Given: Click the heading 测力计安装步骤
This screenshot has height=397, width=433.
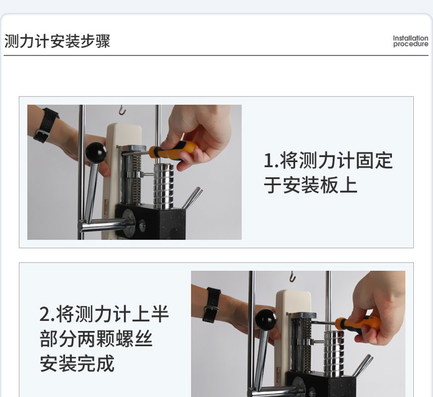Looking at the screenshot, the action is (57, 41).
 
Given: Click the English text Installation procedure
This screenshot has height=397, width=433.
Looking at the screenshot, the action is (411, 41).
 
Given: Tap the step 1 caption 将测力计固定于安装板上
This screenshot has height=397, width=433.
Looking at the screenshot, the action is (328, 172).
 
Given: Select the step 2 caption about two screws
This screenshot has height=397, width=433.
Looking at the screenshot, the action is (104, 338).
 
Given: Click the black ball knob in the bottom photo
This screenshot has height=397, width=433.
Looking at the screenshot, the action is (266, 320).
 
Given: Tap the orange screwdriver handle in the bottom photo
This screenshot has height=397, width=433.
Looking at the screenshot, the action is (357, 324).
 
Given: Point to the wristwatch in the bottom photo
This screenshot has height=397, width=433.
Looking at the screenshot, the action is (212, 305).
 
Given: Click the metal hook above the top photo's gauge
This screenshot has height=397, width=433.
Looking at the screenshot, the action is (122, 110).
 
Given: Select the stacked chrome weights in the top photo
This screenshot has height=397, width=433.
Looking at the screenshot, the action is (164, 186).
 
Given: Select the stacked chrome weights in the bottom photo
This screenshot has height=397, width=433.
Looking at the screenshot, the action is (334, 353).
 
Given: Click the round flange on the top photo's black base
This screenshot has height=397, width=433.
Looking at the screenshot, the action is (128, 223).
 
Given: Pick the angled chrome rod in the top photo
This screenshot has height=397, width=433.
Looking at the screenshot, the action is (192, 198).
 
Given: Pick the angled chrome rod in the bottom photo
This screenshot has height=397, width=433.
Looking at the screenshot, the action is (362, 365).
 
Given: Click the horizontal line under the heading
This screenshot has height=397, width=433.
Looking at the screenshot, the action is (216, 55).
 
